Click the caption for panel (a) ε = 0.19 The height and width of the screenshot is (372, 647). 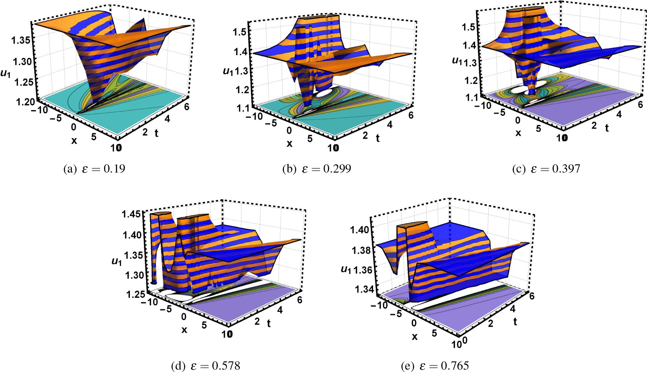click(94, 169)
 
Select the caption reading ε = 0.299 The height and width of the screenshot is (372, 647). click(316, 169)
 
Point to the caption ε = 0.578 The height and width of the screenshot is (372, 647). click(205, 366)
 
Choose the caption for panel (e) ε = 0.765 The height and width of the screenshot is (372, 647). click(435, 366)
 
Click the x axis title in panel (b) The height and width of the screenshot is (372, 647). click(290, 144)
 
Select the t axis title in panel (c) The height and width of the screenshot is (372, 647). click(607, 128)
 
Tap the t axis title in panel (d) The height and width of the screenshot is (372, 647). click(269, 324)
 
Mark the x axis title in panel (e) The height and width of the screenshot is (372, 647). click(414, 337)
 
